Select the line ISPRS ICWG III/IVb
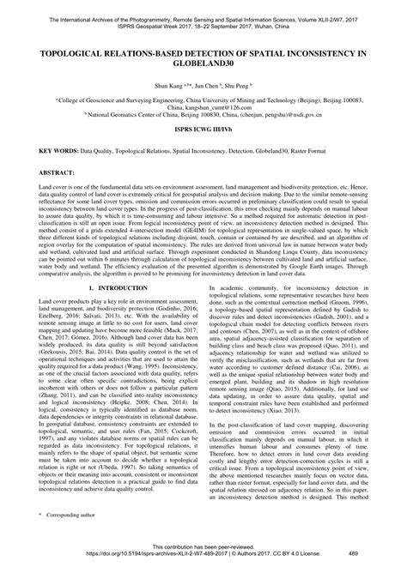(x=203, y=137)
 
